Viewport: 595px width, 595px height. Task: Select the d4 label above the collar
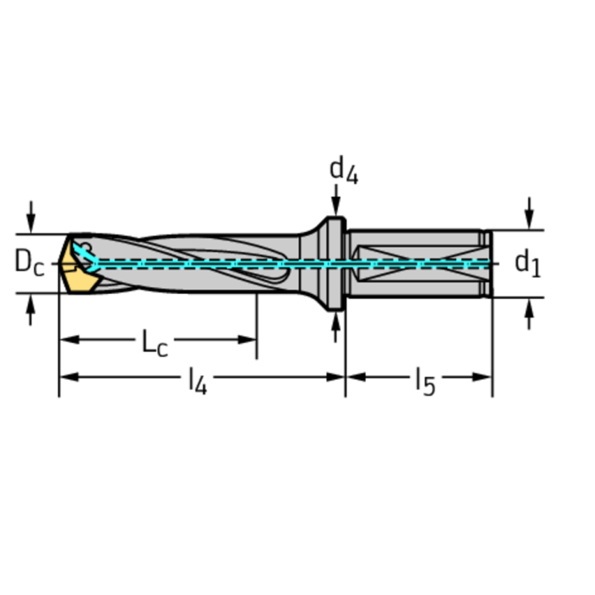(x=344, y=170)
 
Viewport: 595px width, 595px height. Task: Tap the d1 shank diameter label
(x=528, y=264)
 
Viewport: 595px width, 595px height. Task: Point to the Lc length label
(x=154, y=342)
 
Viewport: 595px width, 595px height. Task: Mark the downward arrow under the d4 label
(x=336, y=206)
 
